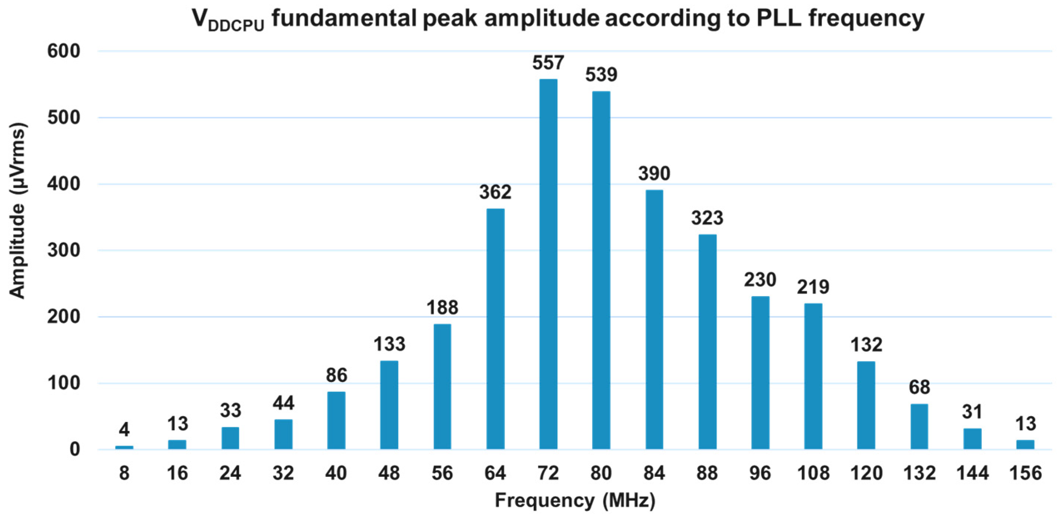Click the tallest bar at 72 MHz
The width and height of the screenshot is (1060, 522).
point(548,263)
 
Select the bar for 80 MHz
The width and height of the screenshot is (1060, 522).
point(601,270)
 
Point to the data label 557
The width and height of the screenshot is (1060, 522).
point(548,63)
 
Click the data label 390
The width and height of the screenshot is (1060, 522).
point(654,173)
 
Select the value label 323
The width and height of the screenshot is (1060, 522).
point(707,218)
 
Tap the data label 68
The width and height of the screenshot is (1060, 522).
point(919,387)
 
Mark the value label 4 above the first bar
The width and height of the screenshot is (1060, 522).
point(124,430)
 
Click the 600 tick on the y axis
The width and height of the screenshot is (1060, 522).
point(63,51)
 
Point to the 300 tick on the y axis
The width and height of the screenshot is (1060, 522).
point(63,250)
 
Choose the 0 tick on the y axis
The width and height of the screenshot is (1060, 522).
point(74,449)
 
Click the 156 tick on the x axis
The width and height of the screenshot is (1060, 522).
point(1025,473)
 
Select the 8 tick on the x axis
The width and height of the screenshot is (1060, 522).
point(124,473)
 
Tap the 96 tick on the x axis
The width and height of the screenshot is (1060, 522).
point(760,473)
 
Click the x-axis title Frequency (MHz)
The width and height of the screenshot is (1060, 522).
point(575,501)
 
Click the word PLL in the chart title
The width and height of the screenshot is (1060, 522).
point(779,19)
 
